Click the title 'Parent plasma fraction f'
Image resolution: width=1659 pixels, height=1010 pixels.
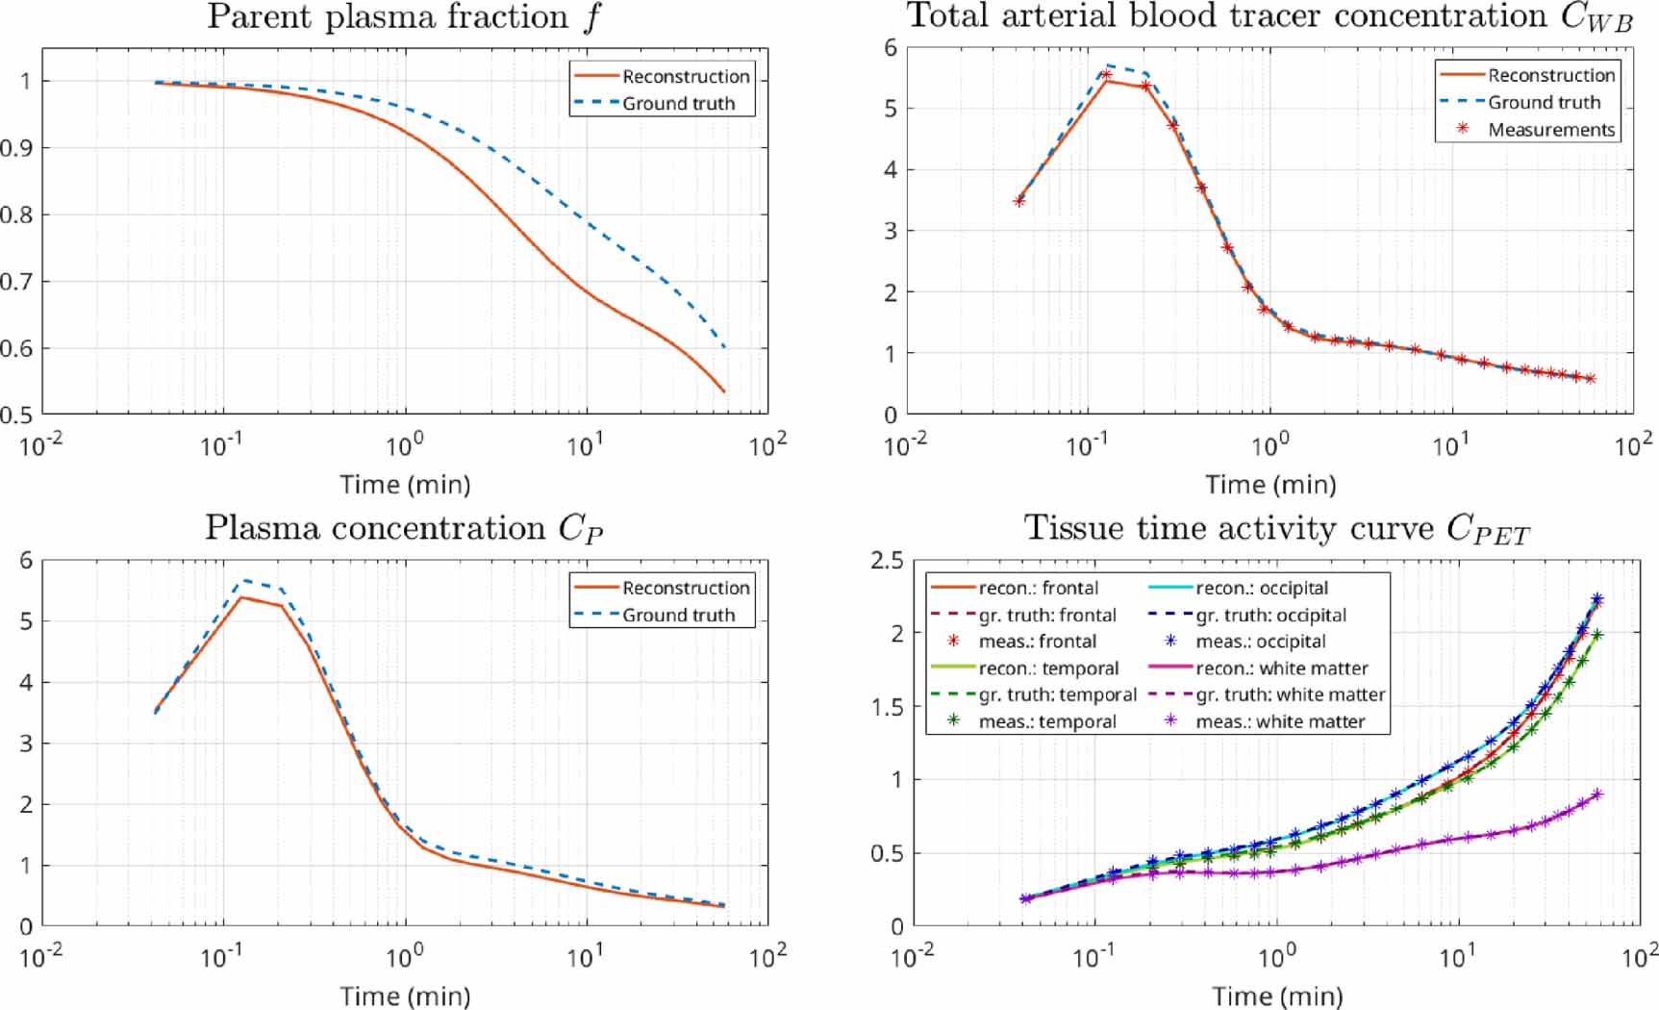[x=404, y=17]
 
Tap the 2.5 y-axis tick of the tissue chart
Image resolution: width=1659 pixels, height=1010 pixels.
[x=886, y=561]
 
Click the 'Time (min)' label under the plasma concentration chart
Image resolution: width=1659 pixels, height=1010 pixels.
[x=405, y=996]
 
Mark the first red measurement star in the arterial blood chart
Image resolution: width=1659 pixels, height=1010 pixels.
[x=1019, y=201]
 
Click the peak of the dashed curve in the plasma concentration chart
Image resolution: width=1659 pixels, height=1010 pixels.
[x=244, y=580]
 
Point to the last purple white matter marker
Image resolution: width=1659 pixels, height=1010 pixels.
[x=1597, y=795]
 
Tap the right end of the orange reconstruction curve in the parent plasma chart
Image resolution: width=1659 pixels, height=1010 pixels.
[x=724, y=391]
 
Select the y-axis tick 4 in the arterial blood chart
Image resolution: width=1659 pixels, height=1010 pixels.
[x=890, y=170]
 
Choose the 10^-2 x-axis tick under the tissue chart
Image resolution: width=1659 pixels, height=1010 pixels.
[x=912, y=956]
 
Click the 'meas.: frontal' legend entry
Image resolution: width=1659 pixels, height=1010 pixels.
[x=1037, y=642]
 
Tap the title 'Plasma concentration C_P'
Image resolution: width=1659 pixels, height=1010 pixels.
[x=404, y=528]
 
